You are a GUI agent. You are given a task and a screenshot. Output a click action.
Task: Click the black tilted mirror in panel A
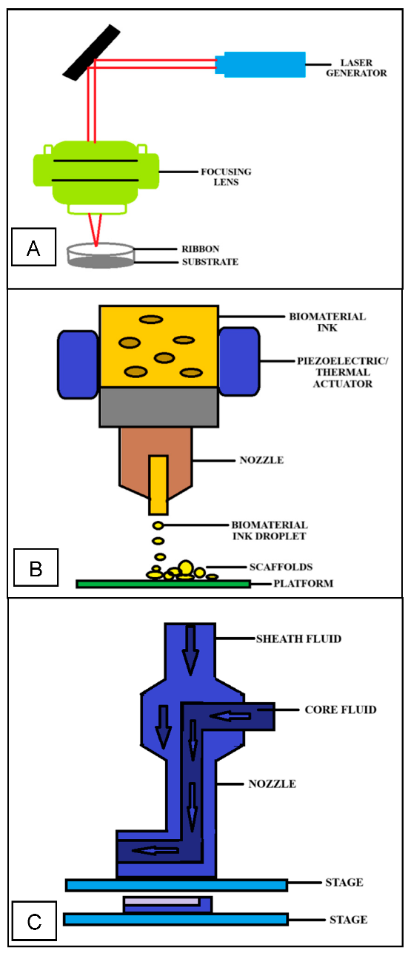92,51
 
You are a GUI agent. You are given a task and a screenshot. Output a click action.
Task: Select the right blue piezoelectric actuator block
239,363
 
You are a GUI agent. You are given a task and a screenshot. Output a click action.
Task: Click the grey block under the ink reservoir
158,408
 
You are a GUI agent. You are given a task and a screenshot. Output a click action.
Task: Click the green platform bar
163,584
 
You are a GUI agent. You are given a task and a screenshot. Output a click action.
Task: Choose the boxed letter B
33,568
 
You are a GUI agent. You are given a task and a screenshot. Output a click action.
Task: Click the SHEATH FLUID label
298,639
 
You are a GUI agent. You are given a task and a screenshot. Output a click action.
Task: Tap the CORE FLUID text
341,710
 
